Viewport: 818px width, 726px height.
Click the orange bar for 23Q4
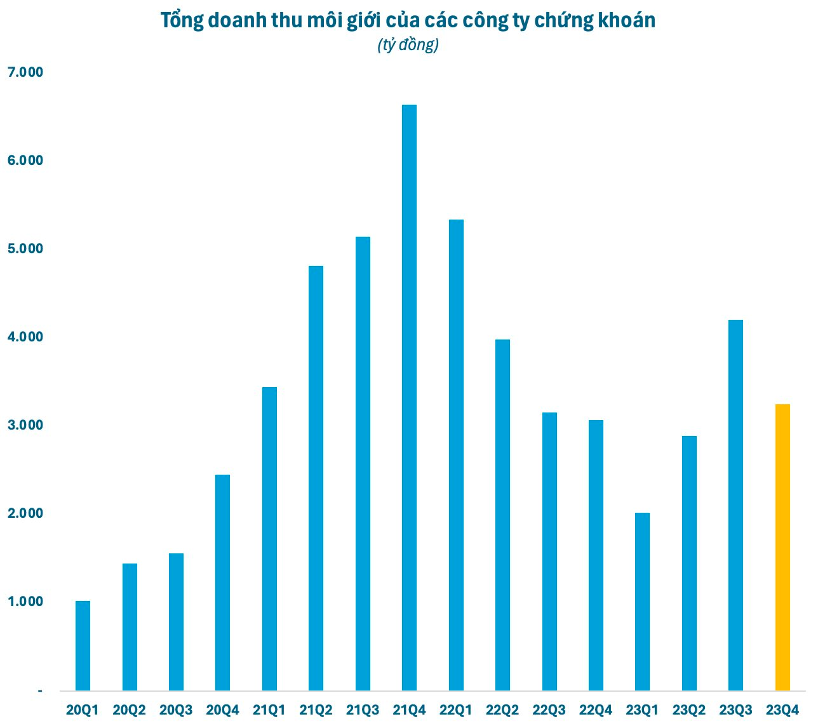(782, 547)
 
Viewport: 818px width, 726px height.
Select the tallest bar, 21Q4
(409, 397)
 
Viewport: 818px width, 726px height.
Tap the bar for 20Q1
(83, 645)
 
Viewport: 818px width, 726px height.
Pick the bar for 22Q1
(456, 454)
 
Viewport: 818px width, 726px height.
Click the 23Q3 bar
(735, 505)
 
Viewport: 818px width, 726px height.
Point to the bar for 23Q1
(642, 601)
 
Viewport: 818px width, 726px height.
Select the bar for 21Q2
(316, 478)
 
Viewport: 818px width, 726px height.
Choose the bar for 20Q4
(222, 582)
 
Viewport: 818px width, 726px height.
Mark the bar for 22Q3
(549, 551)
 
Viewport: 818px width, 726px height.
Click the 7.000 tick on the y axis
(25, 72)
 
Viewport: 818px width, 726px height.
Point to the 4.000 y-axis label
(25, 337)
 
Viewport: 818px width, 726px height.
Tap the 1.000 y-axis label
(25, 602)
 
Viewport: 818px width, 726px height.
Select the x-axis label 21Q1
(269, 710)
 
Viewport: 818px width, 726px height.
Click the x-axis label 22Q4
(596, 710)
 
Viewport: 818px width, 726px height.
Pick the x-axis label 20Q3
(176, 710)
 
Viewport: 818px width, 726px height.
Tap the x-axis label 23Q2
(689, 710)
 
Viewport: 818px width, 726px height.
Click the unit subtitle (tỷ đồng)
(408, 46)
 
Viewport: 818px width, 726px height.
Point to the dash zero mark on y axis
(40, 690)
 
